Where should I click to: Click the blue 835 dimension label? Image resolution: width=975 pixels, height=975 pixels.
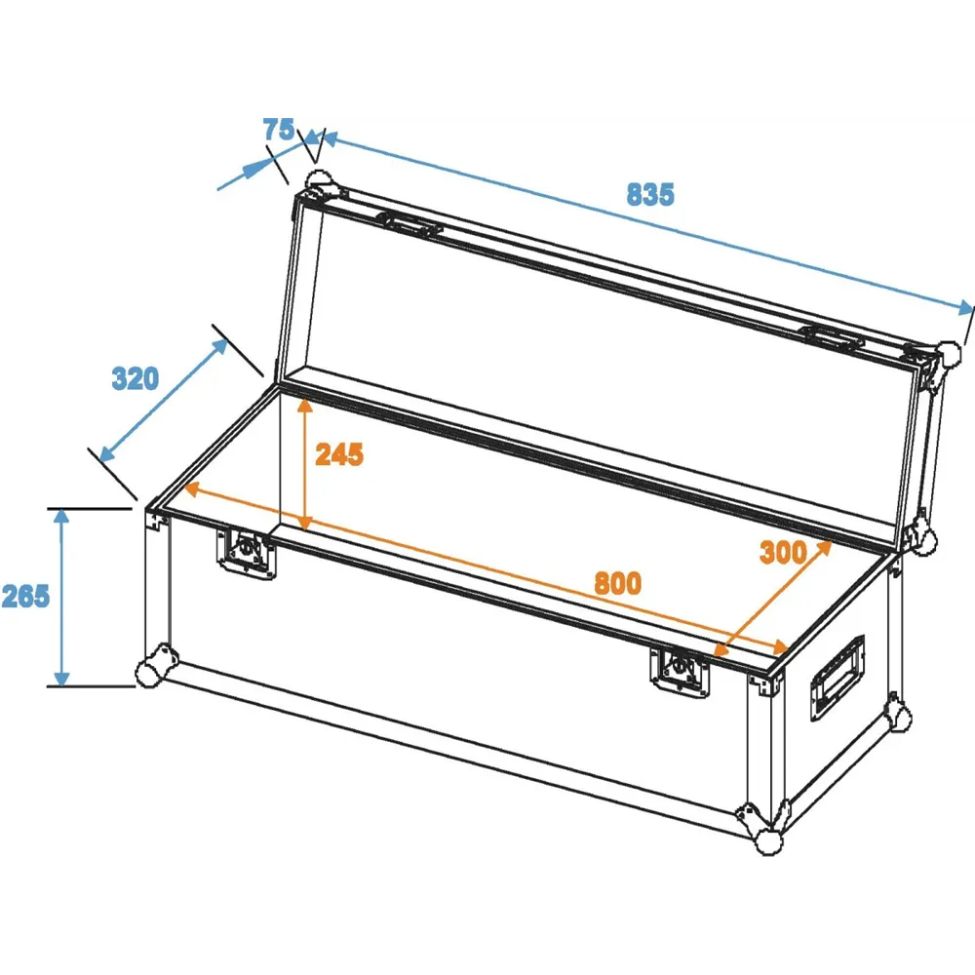(x=649, y=194)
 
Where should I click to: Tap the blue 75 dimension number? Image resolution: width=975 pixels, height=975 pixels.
(x=279, y=130)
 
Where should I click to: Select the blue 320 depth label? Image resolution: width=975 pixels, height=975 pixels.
(x=135, y=378)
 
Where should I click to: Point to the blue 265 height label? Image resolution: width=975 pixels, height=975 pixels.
(x=25, y=596)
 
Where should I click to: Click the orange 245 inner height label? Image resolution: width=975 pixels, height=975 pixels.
(x=339, y=454)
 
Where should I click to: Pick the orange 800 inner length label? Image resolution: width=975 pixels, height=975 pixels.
(x=617, y=583)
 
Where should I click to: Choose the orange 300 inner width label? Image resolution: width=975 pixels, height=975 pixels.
(x=784, y=552)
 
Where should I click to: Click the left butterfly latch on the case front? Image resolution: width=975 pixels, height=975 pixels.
(x=247, y=552)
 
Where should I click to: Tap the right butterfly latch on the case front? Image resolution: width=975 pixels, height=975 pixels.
(x=679, y=672)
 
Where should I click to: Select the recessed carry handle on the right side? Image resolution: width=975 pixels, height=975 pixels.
(x=837, y=678)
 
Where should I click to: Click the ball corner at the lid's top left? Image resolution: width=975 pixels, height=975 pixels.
(x=319, y=183)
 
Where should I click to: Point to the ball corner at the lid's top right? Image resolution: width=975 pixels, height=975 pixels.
(x=949, y=356)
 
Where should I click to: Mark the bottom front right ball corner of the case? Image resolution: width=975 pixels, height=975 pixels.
(x=768, y=840)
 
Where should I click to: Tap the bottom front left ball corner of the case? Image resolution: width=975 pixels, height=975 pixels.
(x=150, y=672)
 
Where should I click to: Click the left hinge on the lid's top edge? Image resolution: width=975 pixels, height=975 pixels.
(x=409, y=224)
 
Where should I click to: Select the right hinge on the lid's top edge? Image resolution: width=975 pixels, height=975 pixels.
(x=834, y=336)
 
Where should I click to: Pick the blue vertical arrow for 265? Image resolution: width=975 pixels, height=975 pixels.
(x=60, y=597)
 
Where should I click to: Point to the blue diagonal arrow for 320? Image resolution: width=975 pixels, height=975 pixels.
(x=164, y=401)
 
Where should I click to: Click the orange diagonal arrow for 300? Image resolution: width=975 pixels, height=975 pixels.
(x=772, y=599)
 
